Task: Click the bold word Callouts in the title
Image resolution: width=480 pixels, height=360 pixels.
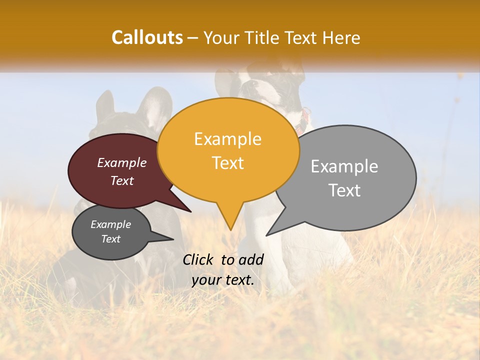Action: tap(147, 37)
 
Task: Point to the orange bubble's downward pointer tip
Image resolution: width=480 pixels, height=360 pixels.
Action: tap(230, 230)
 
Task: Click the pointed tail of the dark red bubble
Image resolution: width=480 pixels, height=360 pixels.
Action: tap(190, 211)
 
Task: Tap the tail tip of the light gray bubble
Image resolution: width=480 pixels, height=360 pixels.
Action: tap(267, 235)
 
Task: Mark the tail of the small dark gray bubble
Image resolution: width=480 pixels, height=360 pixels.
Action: tap(172, 239)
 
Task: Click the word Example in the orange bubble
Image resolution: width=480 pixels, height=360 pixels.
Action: tap(227, 139)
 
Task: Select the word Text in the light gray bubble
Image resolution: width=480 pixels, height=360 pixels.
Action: tap(344, 190)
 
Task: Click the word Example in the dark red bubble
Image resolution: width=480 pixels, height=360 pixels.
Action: tap(122, 162)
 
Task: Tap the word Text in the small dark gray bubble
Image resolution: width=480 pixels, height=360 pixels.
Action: tap(111, 239)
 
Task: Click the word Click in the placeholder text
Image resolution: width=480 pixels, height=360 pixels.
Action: tap(198, 259)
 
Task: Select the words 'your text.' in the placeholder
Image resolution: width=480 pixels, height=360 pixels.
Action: tap(223, 280)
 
